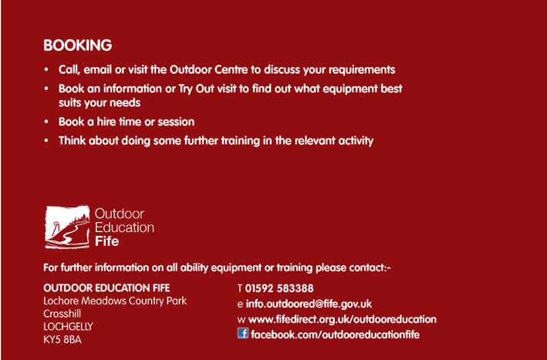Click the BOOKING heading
point(77,45)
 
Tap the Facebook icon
point(243,333)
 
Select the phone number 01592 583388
point(279,288)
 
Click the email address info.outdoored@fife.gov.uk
point(309,304)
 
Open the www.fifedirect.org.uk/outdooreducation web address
point(343,319)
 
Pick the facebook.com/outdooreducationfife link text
point(335,335)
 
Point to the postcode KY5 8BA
point(62,340)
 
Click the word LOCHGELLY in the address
point(68,327)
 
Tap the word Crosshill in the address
point(62,314)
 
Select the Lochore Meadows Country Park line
point(115,301)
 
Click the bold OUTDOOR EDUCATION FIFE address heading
point(106,288)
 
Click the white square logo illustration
point(67,227)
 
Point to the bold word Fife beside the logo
point(106,241)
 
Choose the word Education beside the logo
point(124,227)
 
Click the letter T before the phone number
point(240,288)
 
